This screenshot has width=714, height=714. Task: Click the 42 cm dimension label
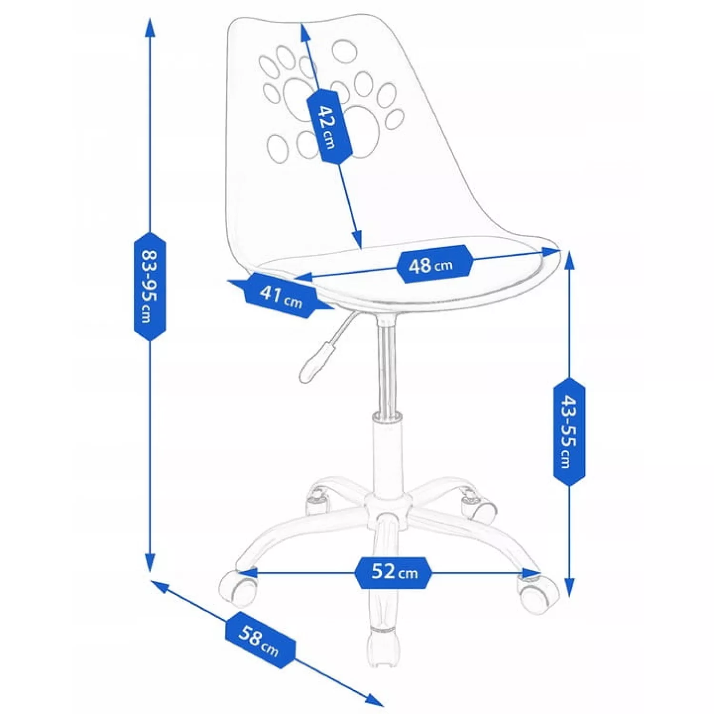coord(328,126)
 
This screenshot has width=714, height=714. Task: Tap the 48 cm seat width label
coord(434,264)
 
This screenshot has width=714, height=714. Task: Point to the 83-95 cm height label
coord(150,287)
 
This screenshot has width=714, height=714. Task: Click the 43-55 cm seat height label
coord(569,432)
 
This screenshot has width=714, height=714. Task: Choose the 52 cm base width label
coord(394,572)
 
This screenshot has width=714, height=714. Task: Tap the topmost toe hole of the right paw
coord(345,51)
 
